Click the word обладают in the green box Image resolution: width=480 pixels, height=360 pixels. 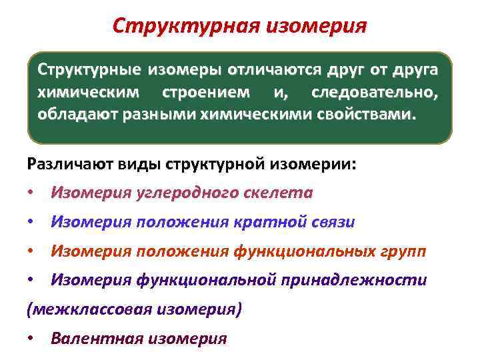click(x=69, y=115)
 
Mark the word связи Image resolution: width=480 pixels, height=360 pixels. click(x=333, y=223)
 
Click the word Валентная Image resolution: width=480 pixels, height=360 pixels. click(x=97, y=338)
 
